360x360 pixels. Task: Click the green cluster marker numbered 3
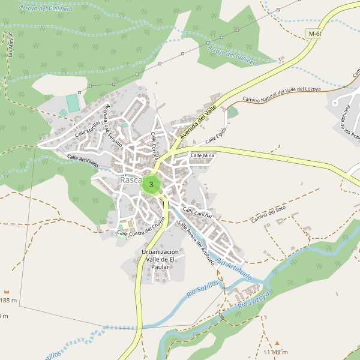[151, 185]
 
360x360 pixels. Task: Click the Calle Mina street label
[202, 155]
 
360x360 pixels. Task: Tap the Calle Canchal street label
[197, 212]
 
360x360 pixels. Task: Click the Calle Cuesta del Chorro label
[142, 229]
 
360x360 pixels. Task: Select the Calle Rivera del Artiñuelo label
[196, 242]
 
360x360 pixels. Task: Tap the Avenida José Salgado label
[113, 127]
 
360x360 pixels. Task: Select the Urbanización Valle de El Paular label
[160, 259]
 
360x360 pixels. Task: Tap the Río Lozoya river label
[256, 299]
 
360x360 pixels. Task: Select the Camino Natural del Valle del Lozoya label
[281, 94]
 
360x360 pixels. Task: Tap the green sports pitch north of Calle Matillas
[73, 103]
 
